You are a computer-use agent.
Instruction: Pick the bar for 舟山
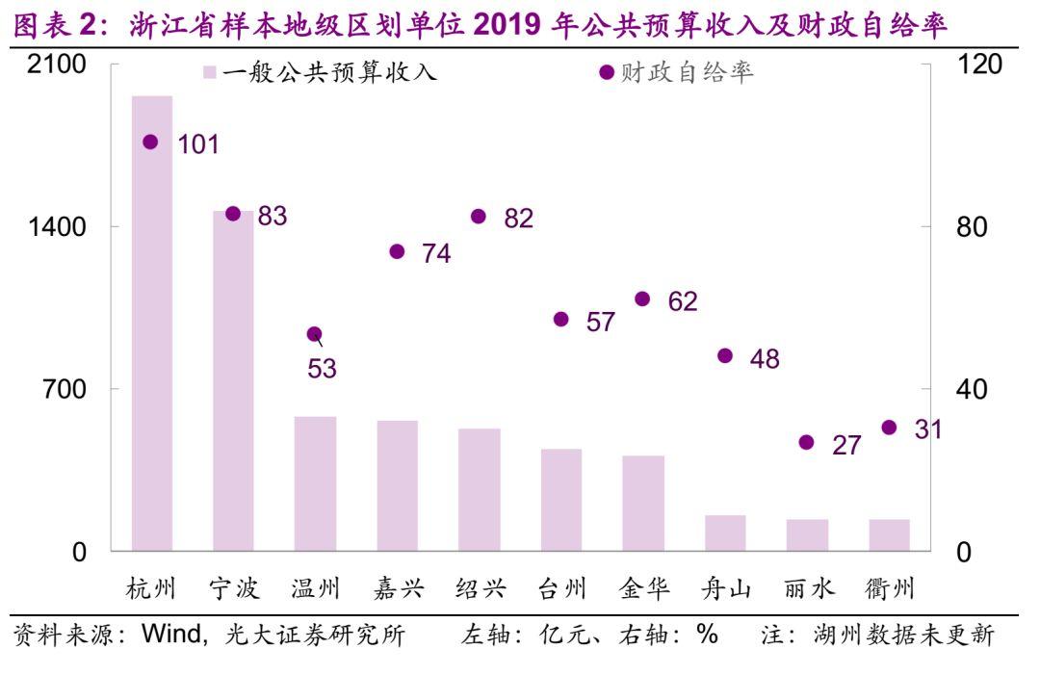click(x=725, y=533)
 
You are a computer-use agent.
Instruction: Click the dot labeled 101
click(x=150, y=142)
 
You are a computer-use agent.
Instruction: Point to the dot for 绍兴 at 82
click(x=479, y=216)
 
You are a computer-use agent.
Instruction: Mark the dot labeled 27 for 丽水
click(x=806, y=443)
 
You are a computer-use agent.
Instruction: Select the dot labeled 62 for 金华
click(x=642, y=299)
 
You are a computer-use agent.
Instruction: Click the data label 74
click(x=435, y=253)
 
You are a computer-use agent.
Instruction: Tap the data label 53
click(x=322, y=369)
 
